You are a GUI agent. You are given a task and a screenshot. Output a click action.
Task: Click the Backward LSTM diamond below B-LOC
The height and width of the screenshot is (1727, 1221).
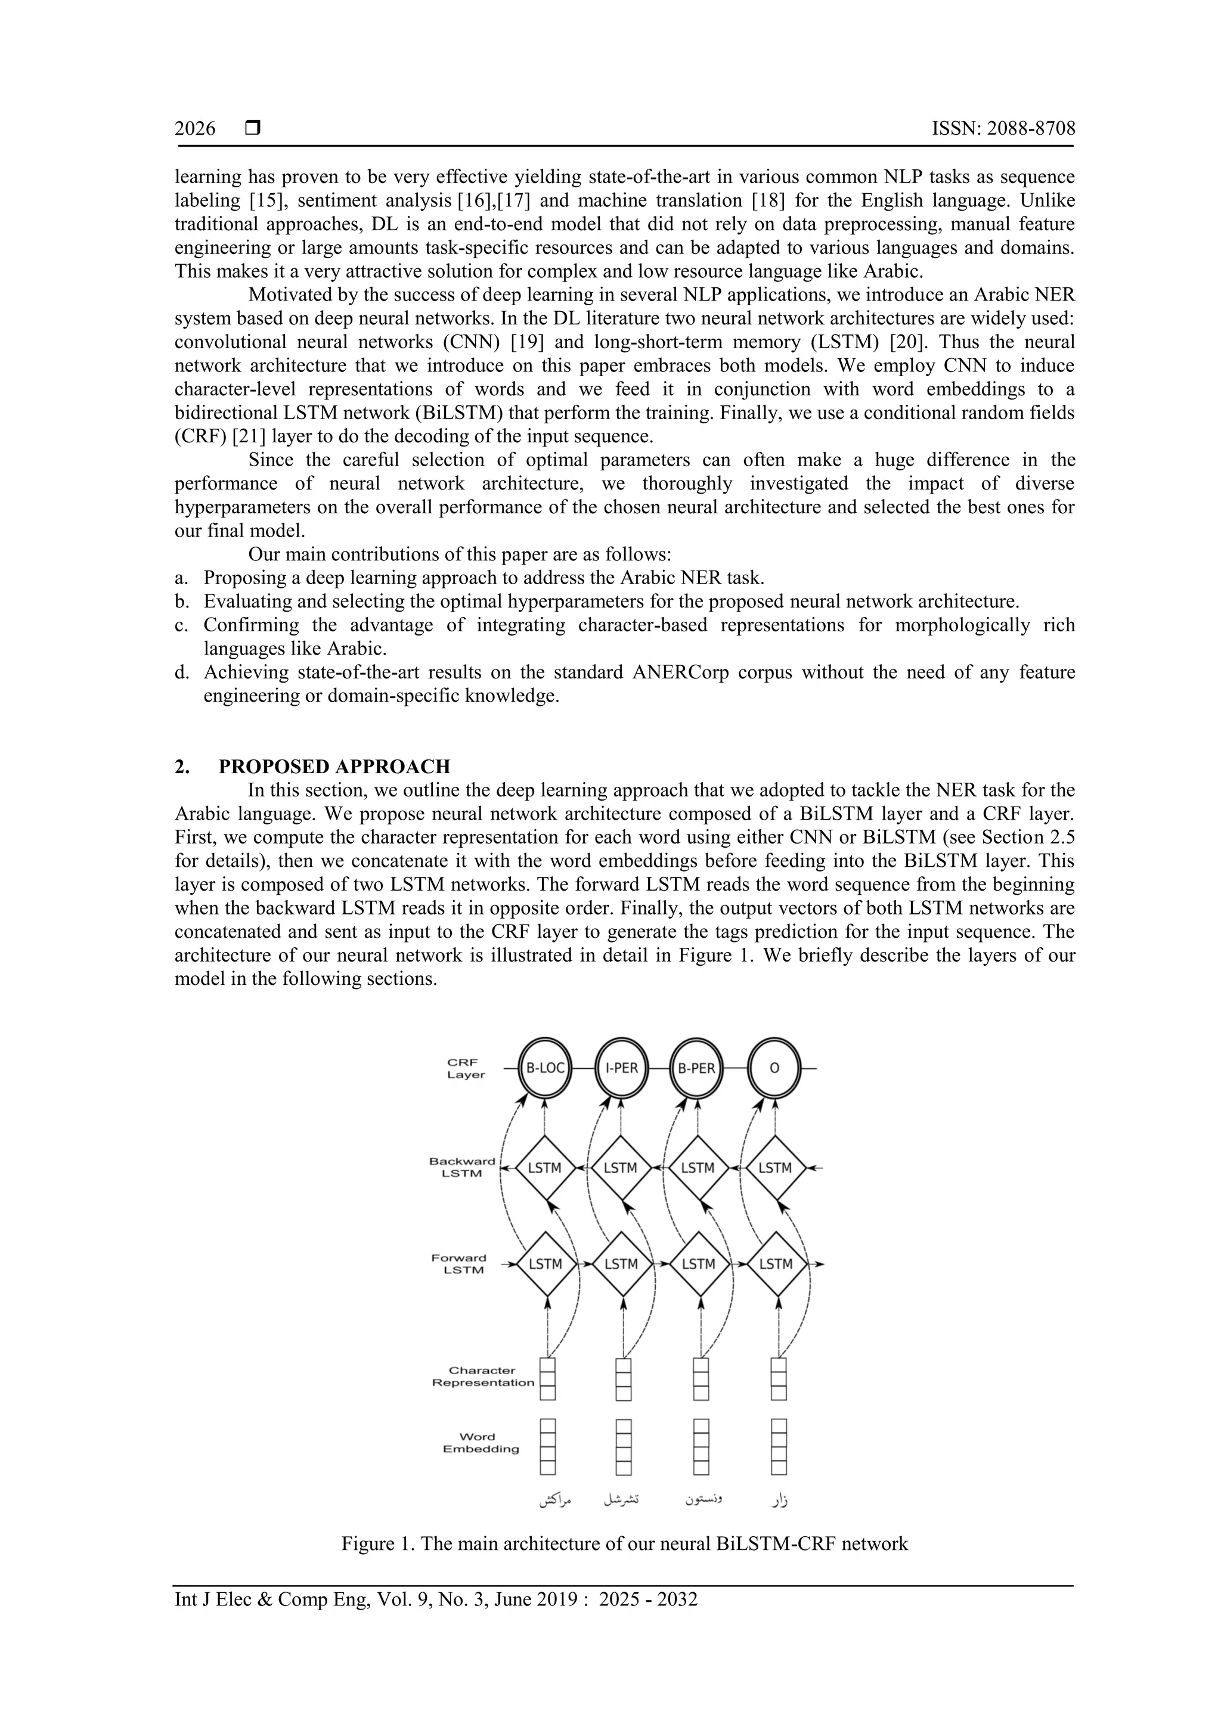pos(546,1168)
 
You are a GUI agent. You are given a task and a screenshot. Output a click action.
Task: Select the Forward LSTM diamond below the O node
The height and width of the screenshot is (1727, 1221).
pos(776,1264)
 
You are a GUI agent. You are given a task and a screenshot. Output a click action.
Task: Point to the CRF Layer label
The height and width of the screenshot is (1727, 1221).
pos(466,1068)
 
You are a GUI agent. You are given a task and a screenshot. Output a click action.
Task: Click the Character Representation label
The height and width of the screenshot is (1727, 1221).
pos(483,1376)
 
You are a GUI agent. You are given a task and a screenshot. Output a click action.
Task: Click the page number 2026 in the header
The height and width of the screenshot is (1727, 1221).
pos(195,129)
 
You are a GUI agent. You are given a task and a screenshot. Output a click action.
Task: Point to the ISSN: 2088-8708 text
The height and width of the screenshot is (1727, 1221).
pos(1003,129)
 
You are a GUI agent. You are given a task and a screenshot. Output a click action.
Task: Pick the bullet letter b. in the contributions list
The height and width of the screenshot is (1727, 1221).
pos(181,601)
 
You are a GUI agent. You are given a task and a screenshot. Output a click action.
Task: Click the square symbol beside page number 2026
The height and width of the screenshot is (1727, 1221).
pos(253,129)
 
